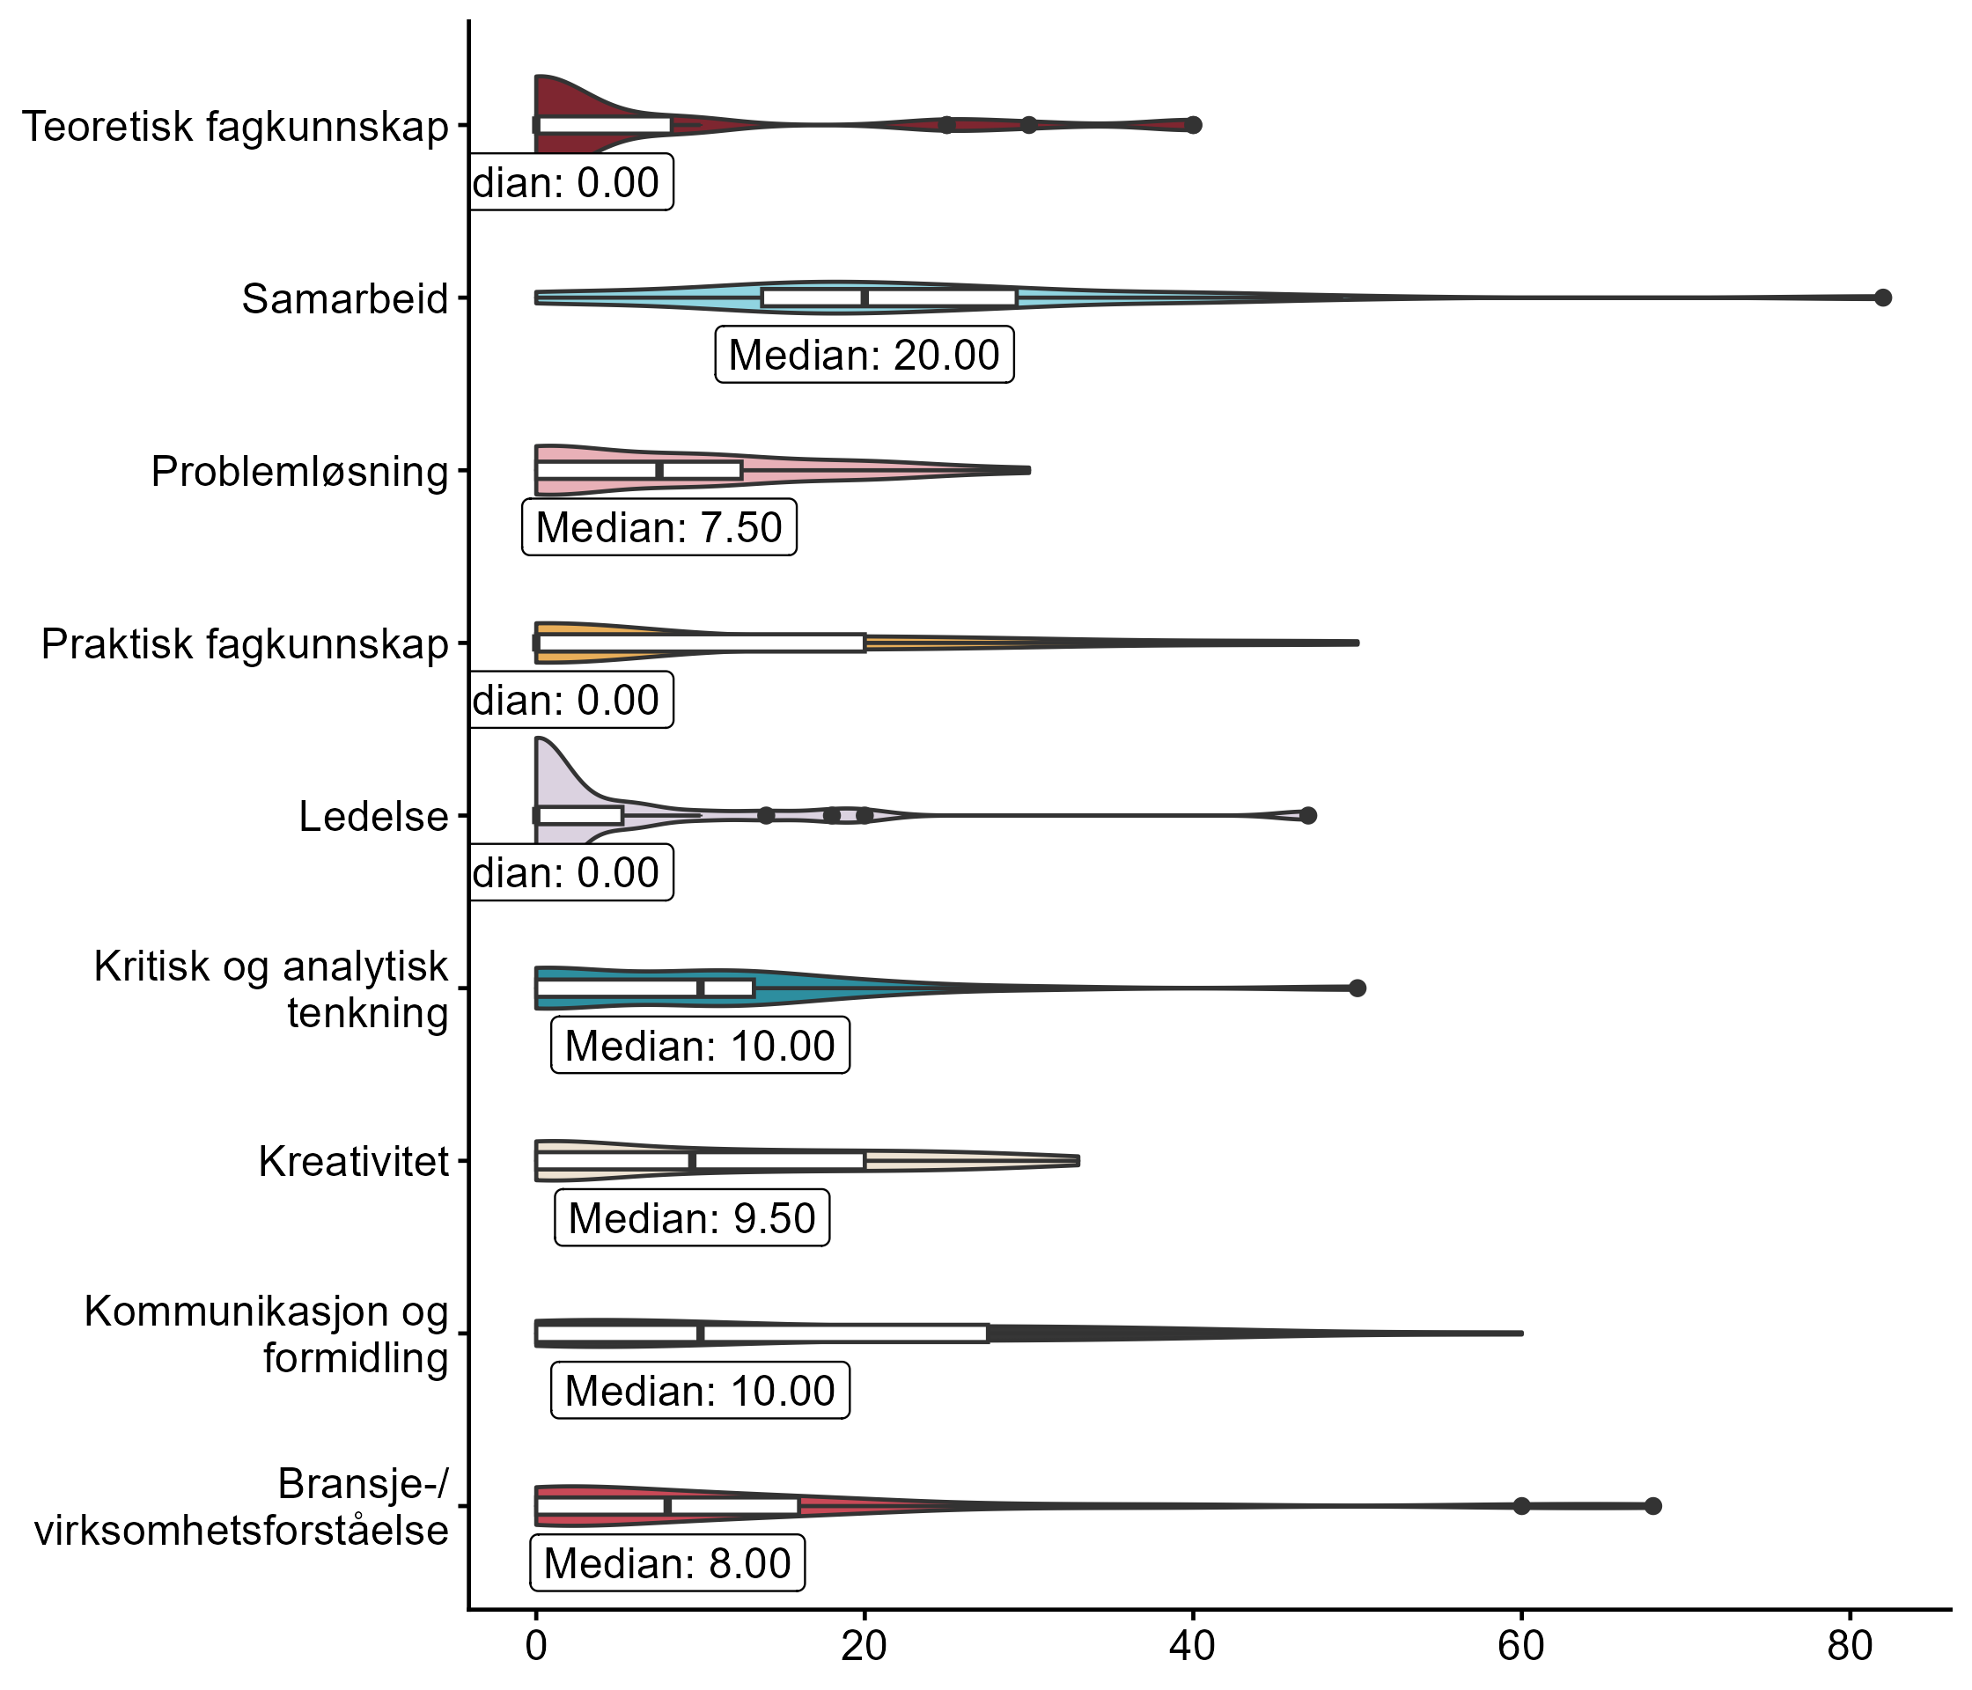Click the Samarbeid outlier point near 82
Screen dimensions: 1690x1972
coord(1881,298)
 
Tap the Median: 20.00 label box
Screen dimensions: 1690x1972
coord(865,355)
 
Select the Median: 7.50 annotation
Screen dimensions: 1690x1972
coord(659,527)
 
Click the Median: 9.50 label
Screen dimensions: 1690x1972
coord(691,1218)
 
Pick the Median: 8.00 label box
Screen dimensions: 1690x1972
coord(666,1563)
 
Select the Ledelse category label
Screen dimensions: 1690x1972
coord(373,817)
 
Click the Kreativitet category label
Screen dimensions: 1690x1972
coord(353,1162)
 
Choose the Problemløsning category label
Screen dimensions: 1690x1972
coord(298,471)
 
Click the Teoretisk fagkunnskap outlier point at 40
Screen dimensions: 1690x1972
coord(1194,125)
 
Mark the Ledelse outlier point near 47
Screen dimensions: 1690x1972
coord(1307,815)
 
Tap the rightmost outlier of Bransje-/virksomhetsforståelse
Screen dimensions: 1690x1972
coord(1653,1506)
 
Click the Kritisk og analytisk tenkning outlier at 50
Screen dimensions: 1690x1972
coord(1358,988)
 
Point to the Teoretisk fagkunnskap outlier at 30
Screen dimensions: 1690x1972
coord(1029,126)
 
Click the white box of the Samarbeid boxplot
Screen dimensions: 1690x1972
coord(889,298)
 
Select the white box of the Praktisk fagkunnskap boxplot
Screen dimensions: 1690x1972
coord(701,643)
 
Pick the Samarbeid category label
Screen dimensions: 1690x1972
coord(344,298)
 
